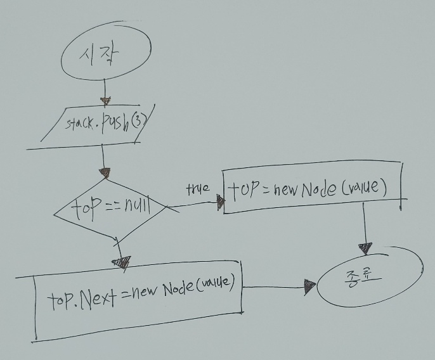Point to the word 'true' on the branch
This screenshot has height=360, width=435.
coord(198,190)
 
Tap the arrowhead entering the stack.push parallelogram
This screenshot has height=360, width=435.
coord(107,101)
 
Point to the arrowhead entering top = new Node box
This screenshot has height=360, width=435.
coord(220,202)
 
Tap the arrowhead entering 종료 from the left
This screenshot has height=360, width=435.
coord(309,287)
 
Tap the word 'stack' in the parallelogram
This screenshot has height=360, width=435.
coord(80,124)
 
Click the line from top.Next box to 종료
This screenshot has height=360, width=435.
coord(273,287)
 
